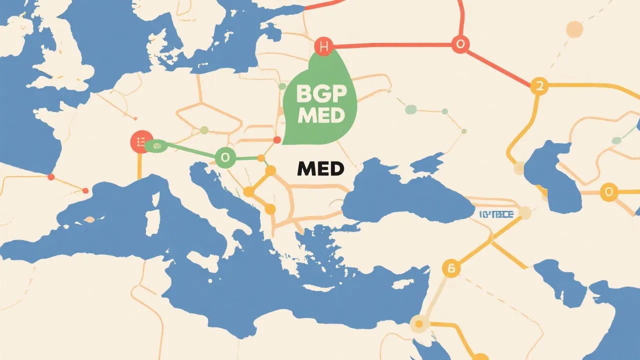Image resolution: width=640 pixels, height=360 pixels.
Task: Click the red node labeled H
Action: point(323,47)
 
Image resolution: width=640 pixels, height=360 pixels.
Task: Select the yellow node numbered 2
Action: point(539,86)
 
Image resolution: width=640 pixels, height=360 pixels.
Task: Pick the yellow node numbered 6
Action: point(451,268)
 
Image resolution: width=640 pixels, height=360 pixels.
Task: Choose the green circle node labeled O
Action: point(224,158)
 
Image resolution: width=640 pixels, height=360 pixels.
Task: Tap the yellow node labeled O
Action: point(608,191)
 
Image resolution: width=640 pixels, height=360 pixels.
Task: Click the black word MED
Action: point(320,169)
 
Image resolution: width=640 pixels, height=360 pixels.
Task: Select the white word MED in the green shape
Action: point(320,115)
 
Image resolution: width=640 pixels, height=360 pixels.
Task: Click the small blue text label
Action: point(496,214)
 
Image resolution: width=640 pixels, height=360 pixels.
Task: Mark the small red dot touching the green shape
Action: point(277,139)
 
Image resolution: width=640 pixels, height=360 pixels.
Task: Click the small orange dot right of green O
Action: point(260,158)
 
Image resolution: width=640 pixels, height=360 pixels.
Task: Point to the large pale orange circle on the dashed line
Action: point(574,28)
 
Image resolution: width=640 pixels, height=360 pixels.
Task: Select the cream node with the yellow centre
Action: point(419,324)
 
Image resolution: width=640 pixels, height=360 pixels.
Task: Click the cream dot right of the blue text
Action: point(525,213)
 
